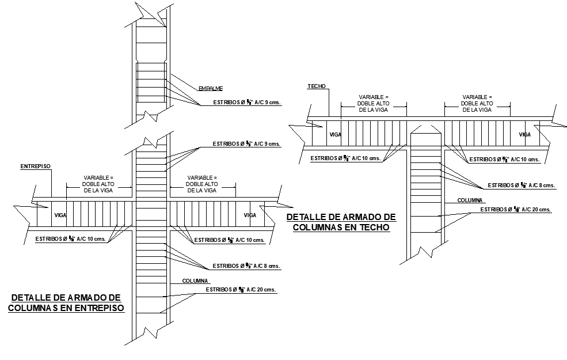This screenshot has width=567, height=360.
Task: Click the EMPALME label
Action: pos(210,88)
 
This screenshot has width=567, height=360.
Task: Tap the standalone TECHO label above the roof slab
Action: pos(316,86)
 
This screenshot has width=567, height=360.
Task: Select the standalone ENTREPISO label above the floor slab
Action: pos(36,166)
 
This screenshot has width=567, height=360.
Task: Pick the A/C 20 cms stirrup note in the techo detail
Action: pos(517,210)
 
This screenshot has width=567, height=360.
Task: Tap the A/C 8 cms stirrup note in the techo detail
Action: pos(521,185)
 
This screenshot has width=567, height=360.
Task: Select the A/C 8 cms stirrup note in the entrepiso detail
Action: pos(246,266)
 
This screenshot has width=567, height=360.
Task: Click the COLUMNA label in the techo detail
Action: pos(471,200)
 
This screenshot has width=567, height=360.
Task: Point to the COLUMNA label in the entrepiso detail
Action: pos(195,281)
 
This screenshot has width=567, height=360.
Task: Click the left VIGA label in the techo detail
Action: pos(335,135)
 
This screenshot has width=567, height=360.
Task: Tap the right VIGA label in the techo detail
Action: pos(524,135)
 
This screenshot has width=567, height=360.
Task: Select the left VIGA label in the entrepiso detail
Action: pos(60,215)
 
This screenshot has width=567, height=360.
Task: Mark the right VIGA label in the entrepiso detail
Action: pos(249,215)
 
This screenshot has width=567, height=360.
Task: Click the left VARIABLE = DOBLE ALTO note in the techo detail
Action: pos(374,103)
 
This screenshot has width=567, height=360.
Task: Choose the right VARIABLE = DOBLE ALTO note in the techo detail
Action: pos(477,103)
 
